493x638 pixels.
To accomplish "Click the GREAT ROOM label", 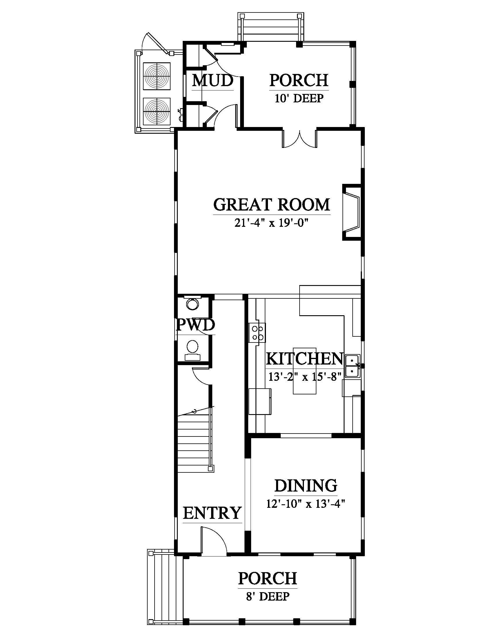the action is pyautogui.click(x=272, y=205).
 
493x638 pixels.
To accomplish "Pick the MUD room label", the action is pyautogui.click(x=213, y=81).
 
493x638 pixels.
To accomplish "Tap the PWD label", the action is pyautogui.click(x=196, y=325).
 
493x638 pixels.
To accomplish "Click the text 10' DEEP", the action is pyautogui.click(x=299, y=98).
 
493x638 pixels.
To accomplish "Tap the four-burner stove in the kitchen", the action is pyautogui.click(x=257, y=333).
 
